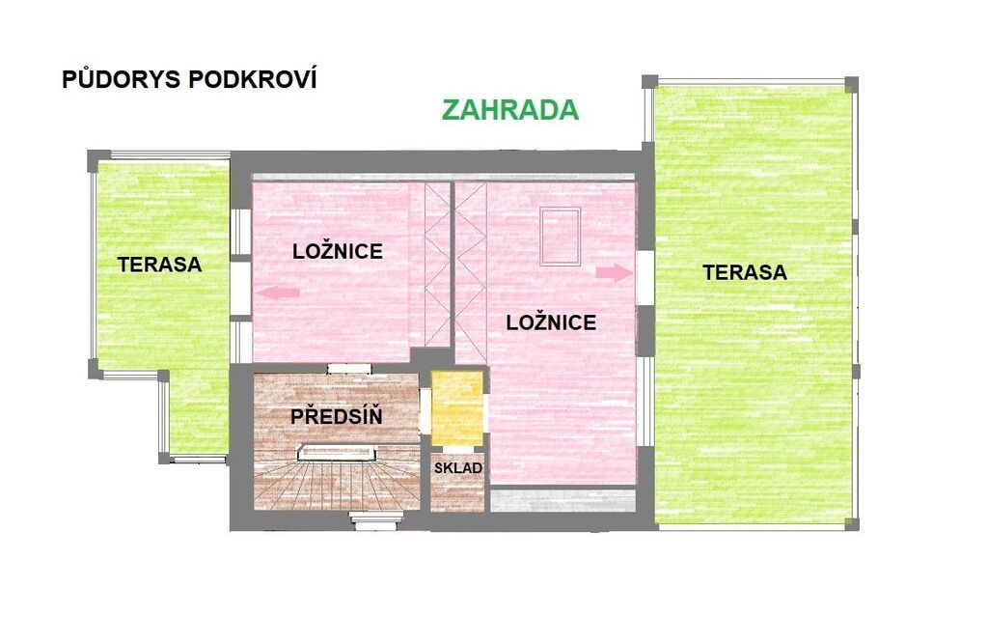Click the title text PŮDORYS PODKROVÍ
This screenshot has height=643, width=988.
[189, 79]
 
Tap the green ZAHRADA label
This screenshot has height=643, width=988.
[509, 110]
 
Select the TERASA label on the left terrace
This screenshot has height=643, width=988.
[159, 265]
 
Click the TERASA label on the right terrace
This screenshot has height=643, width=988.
[745, 273]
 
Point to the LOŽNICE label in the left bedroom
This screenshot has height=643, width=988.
[338, 252]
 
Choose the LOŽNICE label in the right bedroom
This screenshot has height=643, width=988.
[551, 322]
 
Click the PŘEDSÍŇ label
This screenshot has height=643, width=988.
[337, 416]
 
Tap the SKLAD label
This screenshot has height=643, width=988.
[458, 468]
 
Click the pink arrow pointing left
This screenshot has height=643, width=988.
[277, 292]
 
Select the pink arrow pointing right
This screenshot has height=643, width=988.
[614, 272]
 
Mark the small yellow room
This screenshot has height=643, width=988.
[457, 407]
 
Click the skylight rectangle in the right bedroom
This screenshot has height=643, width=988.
[560, 237]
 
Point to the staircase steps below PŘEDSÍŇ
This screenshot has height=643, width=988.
[337, 483]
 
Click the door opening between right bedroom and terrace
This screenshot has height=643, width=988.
[645, 277]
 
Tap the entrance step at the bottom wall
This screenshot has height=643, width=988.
[376, 519]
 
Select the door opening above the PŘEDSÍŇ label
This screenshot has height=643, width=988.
[348, 369]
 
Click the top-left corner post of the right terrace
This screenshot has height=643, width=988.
[649, 82]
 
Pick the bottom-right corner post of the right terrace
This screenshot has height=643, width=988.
[851, 524]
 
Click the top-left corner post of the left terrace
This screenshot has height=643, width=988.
[95, 157]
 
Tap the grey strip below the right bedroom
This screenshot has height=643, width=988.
[563, 500]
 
